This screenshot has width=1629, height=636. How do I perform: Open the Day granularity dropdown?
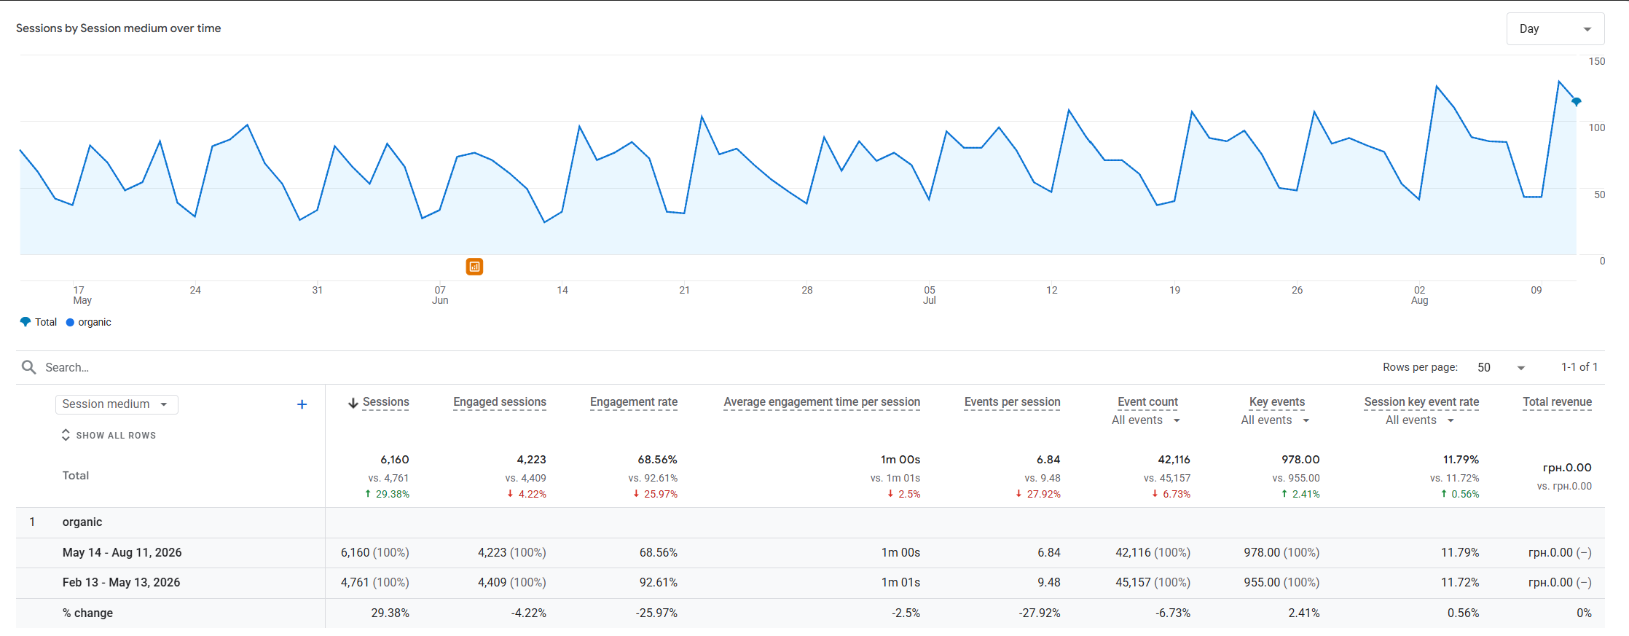coord(1555,29)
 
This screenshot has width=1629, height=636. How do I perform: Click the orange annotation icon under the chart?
coord(474,267)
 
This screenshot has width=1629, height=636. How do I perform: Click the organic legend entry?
coord(89,322)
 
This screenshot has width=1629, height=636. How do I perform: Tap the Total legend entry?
coord(39,322)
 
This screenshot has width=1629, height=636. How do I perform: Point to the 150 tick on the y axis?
coord(1596,61)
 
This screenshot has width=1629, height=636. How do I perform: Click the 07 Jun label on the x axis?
coord(440,295)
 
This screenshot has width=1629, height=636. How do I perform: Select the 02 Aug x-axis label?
coord(1419,295)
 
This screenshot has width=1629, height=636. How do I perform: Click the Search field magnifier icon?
coord(29,367)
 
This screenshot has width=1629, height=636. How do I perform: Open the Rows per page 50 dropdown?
coord(1501,367)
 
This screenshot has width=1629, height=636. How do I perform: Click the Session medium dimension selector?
coord(117,404)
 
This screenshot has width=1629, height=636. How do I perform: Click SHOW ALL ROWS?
coord(109,435)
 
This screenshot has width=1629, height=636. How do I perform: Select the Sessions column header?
coord(385,402)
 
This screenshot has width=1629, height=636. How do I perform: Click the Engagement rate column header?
coord(634,402)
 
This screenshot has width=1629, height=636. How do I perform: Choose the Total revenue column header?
coord(1557,402)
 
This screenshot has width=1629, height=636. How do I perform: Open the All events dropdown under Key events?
coord(1275,420)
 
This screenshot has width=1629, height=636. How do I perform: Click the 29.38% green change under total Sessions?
coord(387,494)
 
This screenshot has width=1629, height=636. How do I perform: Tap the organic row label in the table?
coord(82,522)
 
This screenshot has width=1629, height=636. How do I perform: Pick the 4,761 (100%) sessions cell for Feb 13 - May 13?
coord(374,583)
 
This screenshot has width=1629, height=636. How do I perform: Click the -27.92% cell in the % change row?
coord(1040,613)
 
